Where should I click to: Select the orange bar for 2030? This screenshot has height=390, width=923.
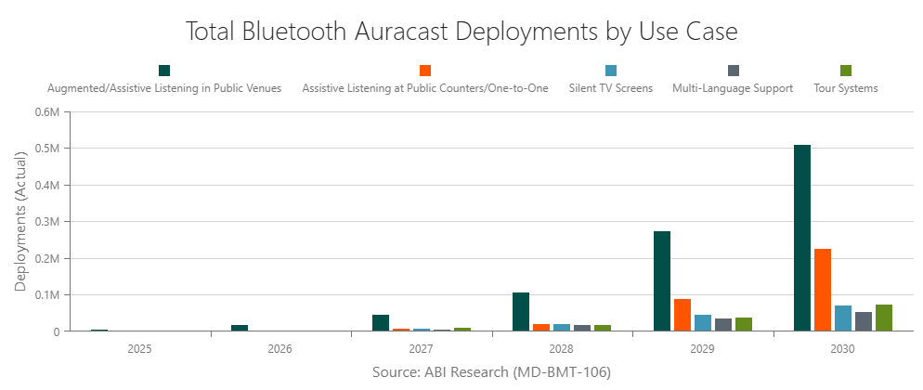click(823, 290)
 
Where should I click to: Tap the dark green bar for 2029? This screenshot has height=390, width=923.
click(661, 281)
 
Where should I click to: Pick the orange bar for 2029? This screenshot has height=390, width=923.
click(682, 315)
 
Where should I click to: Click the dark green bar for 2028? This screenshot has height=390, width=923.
click(521, 312)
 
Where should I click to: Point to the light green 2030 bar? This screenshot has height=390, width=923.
click(883, 318)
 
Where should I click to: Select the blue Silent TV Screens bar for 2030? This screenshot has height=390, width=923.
click(843, 318)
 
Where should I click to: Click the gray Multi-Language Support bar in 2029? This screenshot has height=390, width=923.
click(722, 325)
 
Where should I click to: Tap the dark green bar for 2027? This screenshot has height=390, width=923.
click(380, 323)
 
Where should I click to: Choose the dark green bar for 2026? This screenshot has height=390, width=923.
click(240, 328)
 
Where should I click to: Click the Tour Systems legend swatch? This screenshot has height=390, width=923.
click(846, 71)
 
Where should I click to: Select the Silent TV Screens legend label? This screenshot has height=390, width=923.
click(610, 88)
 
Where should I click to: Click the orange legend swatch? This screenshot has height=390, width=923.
click(425, 71)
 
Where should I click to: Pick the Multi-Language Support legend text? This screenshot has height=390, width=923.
click(732, 88)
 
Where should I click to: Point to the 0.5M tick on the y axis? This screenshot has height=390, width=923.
click(47, 149)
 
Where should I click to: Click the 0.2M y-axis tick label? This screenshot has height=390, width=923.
click(47, 258)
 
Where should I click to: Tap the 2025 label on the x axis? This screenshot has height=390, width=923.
click(139, 349)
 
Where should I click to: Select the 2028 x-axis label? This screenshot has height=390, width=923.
click(561, 349)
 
